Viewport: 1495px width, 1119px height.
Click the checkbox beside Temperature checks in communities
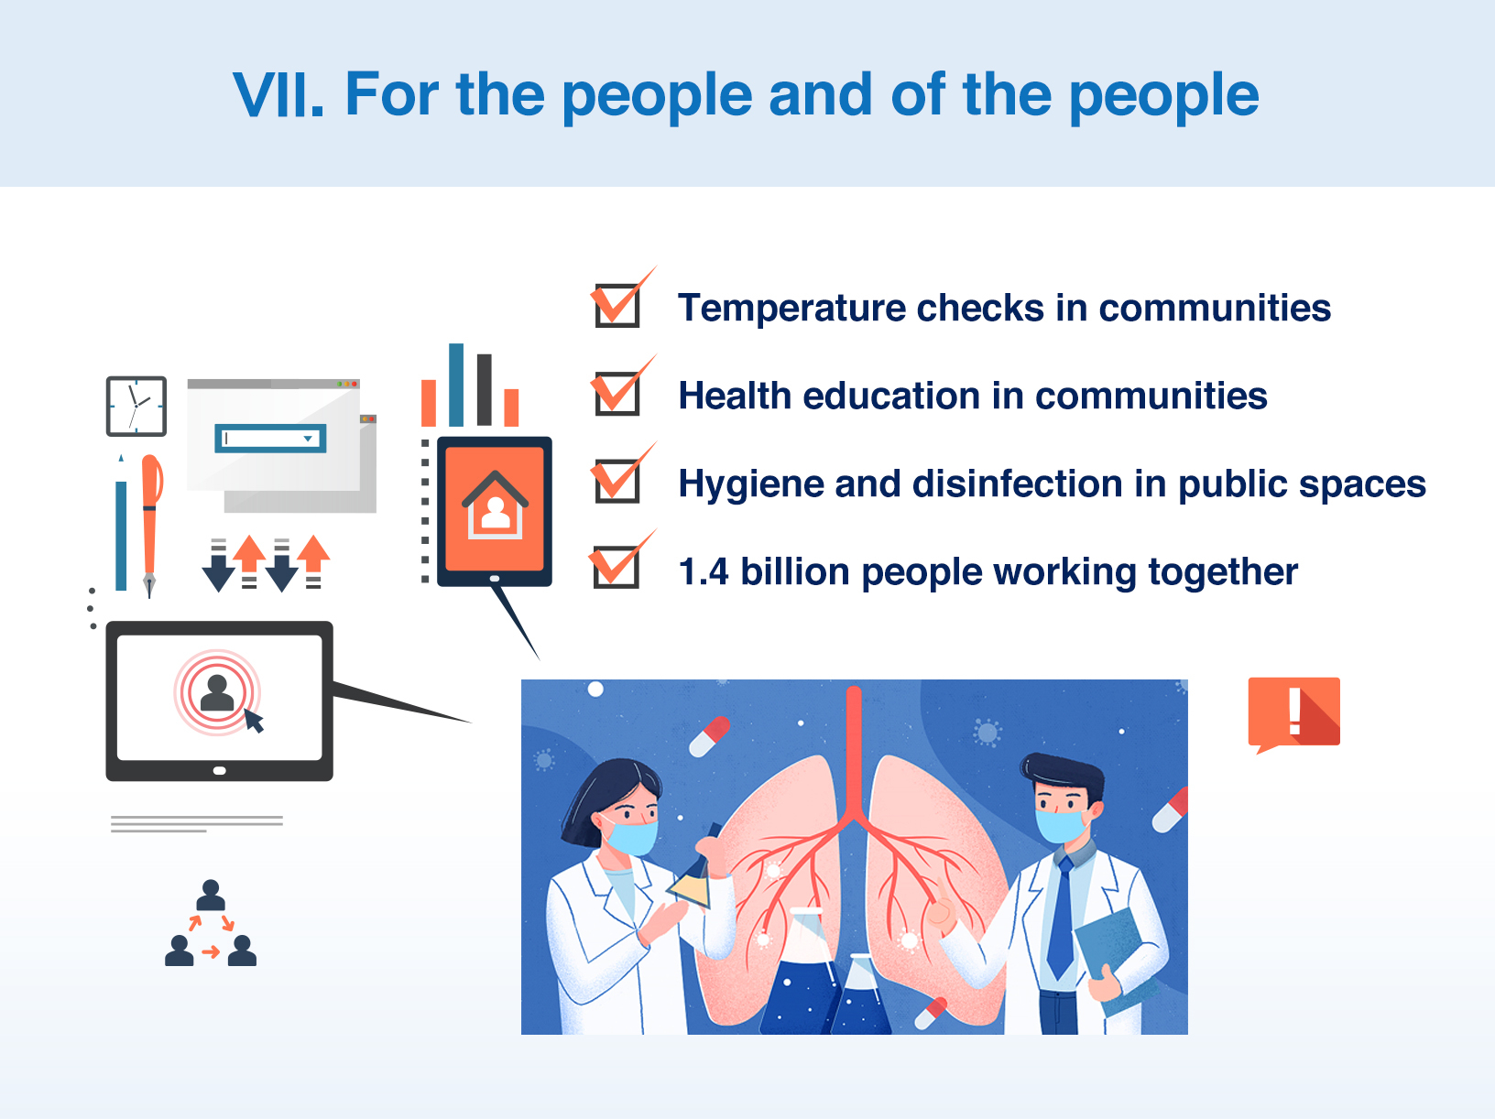617,306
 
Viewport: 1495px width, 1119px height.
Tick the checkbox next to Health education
617,394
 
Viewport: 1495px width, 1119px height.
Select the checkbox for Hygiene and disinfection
617,482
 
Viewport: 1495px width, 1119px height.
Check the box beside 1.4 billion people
617,567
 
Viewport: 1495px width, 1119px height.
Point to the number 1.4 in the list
704,571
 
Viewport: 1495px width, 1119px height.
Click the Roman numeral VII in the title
278,94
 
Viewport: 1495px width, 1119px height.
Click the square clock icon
136,406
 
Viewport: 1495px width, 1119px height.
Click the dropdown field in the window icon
270,439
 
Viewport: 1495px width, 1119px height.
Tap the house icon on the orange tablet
496,505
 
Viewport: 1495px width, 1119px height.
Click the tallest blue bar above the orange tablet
456,385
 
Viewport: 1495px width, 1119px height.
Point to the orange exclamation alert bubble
1293,714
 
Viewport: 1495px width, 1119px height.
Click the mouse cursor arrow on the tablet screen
254,721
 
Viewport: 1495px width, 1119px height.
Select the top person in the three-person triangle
211,895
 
